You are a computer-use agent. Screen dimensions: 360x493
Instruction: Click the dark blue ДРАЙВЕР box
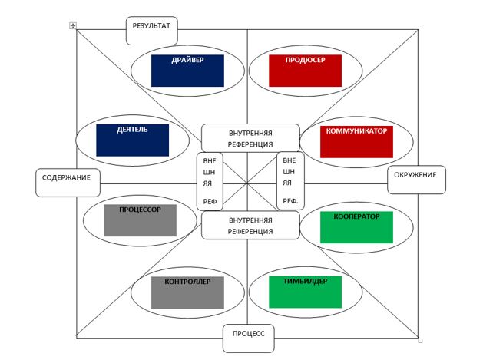(187, 70)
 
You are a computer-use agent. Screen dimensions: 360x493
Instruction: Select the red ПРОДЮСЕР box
(304, 70)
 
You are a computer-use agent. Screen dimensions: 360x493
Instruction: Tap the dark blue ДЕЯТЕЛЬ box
(132, 140)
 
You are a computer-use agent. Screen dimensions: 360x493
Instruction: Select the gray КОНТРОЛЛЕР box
(187, 292)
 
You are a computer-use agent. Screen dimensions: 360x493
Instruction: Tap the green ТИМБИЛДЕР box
(304, 292)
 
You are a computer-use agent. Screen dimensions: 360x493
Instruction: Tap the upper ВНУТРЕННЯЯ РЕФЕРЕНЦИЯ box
(250, 138)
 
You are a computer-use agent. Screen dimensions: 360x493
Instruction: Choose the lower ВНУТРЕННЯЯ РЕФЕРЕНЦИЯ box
(250, 226)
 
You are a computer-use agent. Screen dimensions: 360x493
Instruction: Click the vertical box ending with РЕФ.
(290, 183)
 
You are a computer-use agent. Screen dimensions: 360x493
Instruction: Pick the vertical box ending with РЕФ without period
(210, 183)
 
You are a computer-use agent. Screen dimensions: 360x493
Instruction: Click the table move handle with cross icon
(73, 25)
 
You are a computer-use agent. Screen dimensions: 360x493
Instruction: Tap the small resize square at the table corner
(420, 340)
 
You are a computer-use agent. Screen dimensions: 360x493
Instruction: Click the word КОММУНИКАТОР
(356, 130)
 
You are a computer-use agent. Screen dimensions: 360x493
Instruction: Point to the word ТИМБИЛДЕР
(304, 281)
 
